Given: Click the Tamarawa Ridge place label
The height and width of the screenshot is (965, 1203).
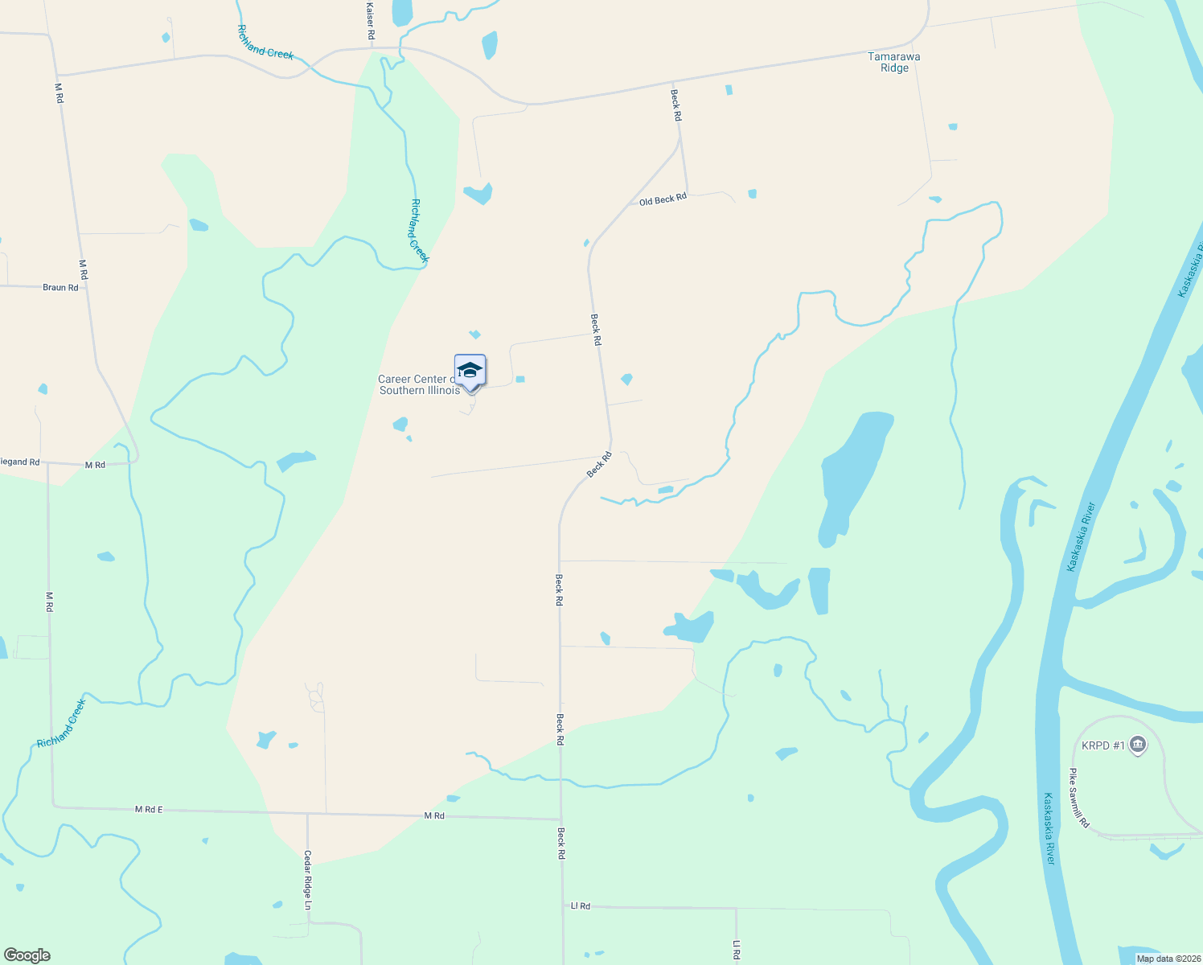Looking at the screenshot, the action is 894,62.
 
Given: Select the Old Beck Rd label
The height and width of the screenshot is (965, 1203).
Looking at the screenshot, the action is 663,199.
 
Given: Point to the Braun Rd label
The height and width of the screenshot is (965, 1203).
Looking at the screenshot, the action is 60,287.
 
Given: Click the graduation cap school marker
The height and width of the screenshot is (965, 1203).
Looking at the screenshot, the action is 470,371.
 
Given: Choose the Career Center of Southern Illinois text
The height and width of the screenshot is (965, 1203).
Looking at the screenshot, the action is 418,384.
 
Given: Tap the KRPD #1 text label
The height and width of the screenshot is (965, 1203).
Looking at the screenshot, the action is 1102,745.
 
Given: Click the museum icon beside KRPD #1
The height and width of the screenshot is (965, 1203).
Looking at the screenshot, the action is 1137,745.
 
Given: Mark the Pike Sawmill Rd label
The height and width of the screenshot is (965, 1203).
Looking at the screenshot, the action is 1078,798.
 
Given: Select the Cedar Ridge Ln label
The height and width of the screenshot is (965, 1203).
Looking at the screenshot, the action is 307,880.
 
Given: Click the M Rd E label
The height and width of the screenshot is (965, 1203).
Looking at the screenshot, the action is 149,809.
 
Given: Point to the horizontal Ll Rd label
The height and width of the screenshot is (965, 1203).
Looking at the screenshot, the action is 580,905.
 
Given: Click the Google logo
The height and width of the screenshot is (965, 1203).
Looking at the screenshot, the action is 27,955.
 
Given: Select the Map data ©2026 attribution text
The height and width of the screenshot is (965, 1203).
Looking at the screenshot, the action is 1168,959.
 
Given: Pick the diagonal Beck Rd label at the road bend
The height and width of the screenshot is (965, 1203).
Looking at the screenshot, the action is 599,465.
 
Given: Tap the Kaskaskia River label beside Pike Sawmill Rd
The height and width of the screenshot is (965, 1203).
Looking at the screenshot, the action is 1049,828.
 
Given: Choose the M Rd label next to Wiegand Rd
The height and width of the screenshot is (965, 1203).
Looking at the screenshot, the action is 95,465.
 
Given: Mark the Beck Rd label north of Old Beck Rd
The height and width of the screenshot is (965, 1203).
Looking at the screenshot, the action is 676,105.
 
